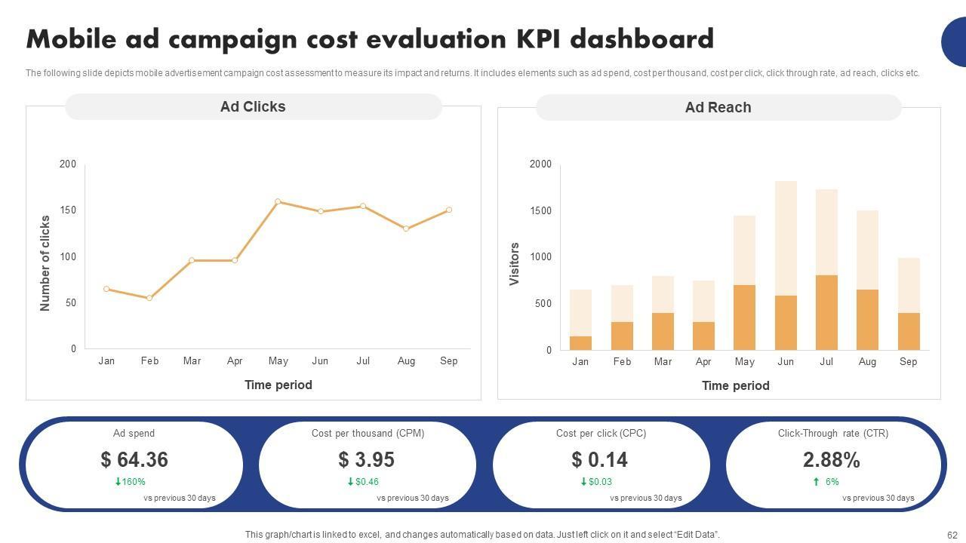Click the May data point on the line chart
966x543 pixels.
pyautogui.click(x=278, y=201)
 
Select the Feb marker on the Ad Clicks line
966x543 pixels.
pyautogui.click(x=149, y=298)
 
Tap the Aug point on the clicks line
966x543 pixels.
pyautogui.click(x=406, y=229)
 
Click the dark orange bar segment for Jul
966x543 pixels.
pyautogui.click(x=826, y=312)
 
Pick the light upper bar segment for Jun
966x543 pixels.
pyautogui.click(x=786, y=238)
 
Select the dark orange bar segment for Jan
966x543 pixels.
pyautogui.click(x=580, y=343)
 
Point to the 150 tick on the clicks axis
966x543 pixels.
pyautogui.click(x=68, y=210)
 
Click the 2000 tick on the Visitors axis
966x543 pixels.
pyautogui.click(x=540, y=164)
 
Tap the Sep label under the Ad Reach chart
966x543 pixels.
pyautogui.click(x=908, y=362)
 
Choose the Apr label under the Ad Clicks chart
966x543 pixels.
pyautogui.click(x=235, y=361)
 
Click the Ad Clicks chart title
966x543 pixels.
pyautogui.click(x=253, y=107)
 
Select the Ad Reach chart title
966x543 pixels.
pyautogui.click(x=718, y=108)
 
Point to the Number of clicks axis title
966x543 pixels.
pyautogui.click(x=45, y=263)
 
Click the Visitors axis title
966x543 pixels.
pyautogui.click(x=515, y=264)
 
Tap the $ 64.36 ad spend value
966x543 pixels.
pyautogui.click(x=134, y=459)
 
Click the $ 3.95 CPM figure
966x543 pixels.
pyautogui.click(x=367, y=459)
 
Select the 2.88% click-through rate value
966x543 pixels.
pyautogui.click(x=832, y=459)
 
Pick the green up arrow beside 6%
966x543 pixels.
pyautogui.click(x=816, y=482)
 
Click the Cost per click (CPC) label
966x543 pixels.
pyautogui.click(x=601, y=434)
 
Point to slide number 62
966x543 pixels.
pyautogui.click(x=952, y=535)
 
